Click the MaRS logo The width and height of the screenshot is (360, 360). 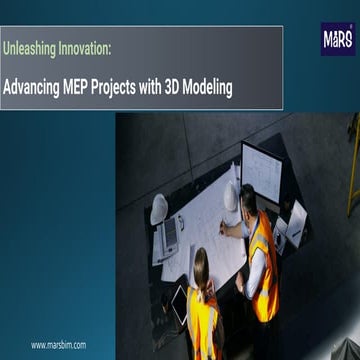tap(337, 41)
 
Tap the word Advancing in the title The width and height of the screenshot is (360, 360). tap(31, 88)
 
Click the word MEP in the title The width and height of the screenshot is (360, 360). tap(80, 88)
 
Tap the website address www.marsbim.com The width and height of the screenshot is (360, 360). tap(58, 344)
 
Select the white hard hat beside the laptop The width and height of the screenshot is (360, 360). tap(159, 208)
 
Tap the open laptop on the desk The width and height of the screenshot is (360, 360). tap(170, 236)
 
